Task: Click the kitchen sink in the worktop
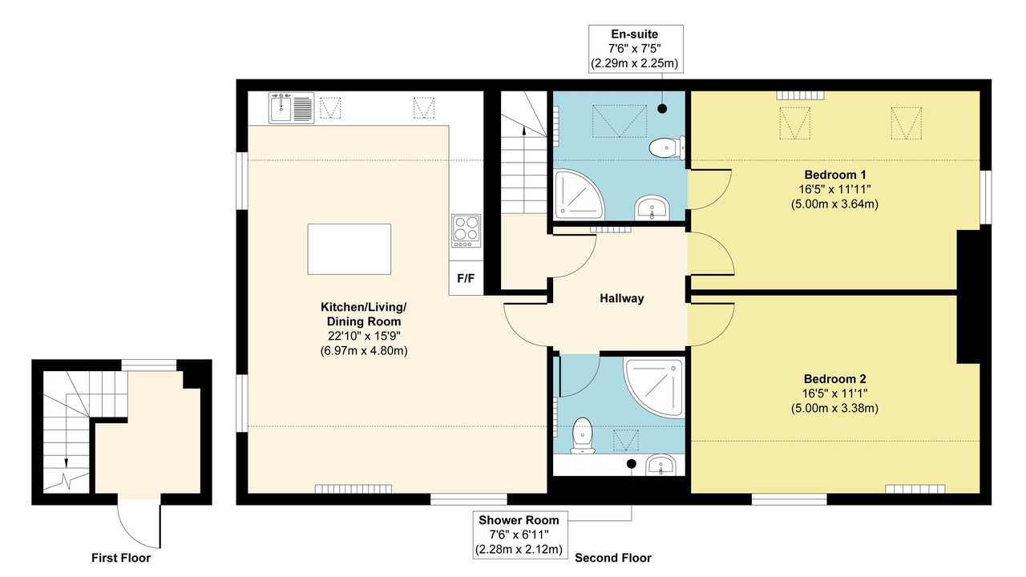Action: (x=291, y=108)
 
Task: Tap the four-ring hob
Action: (x=466, y=231)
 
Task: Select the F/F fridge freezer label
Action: (x=466, y=278)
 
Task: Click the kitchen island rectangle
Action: (x=349, y=249)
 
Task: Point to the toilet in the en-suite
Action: (x=668, y=147)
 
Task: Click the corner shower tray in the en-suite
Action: (x=580, y=195)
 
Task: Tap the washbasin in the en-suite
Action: (x=652, y=208)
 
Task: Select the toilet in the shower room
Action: (x=583, y=435)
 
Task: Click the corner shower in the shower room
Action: (x=654, y=387)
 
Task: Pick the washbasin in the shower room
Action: (x=660, y=466)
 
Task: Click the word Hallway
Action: (x=621, y=299)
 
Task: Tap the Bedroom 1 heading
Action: (x=835, y=175)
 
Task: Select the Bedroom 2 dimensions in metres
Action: (x=834, y=408)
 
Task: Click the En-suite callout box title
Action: (x=634, y=34)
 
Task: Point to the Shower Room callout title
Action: (x=519, y=520)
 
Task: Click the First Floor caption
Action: (x=121, y=558)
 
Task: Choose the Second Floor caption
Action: (x=613, y=558)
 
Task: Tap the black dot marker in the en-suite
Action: (x=662, y=108)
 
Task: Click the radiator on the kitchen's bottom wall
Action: (x=353, y=489)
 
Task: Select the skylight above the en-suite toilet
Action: (x=620, y=121)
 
